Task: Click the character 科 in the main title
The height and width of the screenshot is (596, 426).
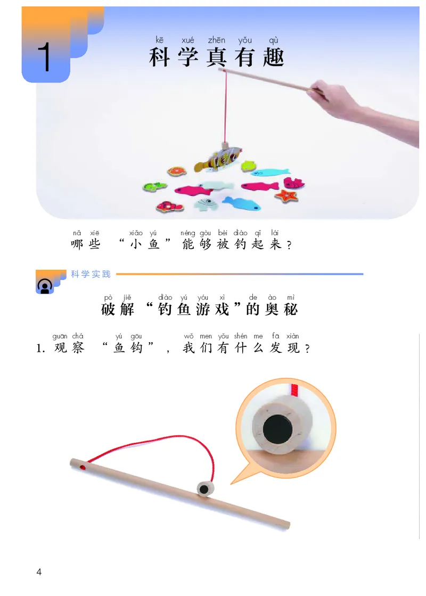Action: click(x=160, y=57)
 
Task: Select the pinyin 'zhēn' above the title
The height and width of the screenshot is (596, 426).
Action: click(x=217, y=40)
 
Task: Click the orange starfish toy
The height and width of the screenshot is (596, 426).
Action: click(x=286, y=195)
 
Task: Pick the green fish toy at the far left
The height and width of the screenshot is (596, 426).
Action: click(x=154, y=187)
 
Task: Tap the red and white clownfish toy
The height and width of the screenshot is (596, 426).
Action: click(x=170, y=206)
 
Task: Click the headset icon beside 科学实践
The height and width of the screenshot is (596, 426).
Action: click(x=44, y=286)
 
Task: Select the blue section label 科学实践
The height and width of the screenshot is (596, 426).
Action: click(x=91, y=275)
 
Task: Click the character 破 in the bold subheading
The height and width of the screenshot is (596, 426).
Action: click(x=108, y=309)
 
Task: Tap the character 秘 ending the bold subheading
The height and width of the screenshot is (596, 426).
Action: click(x=290, y=309)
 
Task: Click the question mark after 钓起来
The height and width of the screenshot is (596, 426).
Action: click(x=289, y=246)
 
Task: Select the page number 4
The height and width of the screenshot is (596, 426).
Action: click(x=38, y=572)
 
